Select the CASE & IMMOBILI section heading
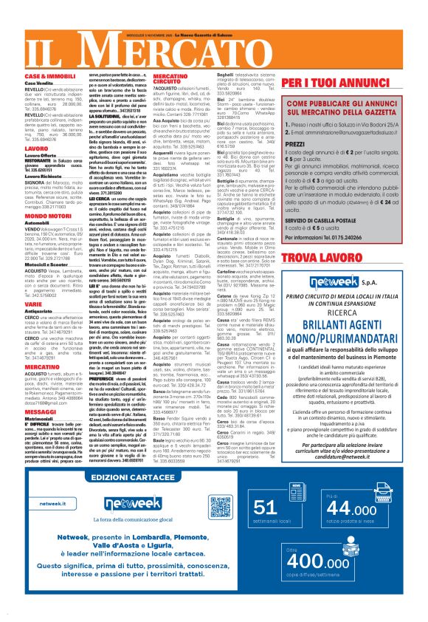[46, 77]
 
